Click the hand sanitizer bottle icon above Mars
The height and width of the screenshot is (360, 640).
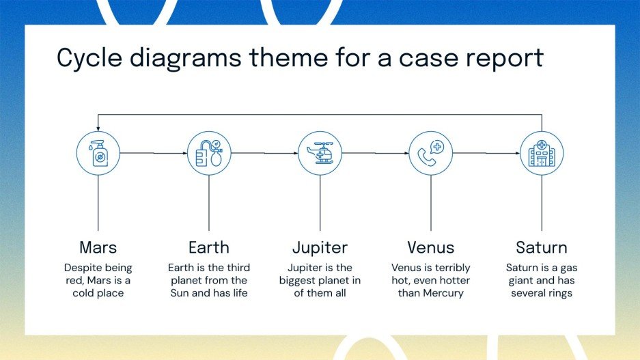pyautogui.click(x=98, y=154)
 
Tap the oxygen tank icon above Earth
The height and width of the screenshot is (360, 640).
pyautogui.click(x=209, y=154)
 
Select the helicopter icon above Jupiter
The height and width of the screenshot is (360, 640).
pyautogui.click(x=320, y=154)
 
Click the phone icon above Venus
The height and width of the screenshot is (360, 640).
pyautogui.click(x=430, y=154)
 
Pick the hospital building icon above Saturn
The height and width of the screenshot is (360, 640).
pyautogui.click(x=542, y=154)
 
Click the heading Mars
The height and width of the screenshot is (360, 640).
pyautogui.click(x=98, y=247)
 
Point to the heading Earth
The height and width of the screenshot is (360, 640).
pyautogui.click(x=209, y=247)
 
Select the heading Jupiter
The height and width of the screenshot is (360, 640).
pyautogui.click(x=320, y=247)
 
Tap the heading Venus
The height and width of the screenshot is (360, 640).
pyautogui.click(x=430, y=247)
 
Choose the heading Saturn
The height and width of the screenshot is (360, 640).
pyautogui.click(x=542, y=247)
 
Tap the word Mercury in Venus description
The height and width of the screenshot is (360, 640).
pyautogui.click(x=442, y=293)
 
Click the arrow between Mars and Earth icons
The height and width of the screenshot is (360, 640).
pyautogui.click(x=154, y=154)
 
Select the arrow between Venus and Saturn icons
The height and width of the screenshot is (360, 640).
pyautogui.click(x=486, y=154)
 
